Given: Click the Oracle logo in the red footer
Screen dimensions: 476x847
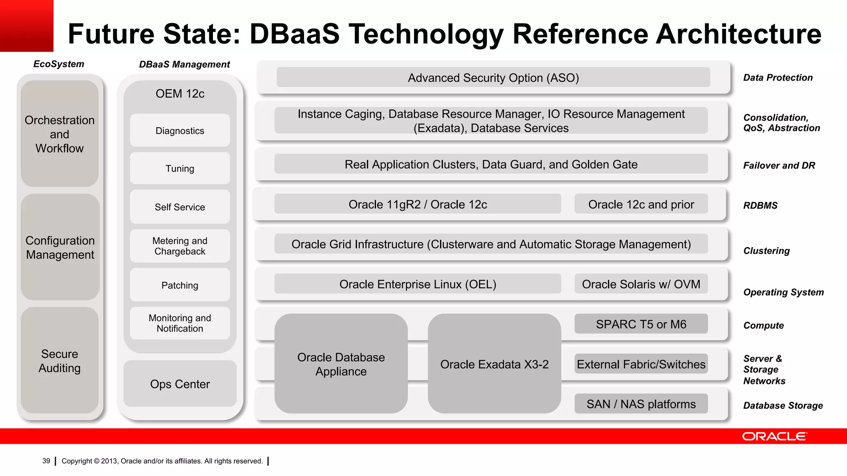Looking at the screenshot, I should [774, 436].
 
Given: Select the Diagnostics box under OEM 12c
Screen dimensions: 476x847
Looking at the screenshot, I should [180, 131].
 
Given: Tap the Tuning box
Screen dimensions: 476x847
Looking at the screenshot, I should [180, 169].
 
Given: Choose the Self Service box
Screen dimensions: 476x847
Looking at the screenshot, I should [180, 207].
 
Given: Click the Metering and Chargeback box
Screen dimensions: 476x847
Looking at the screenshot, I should [180, 246].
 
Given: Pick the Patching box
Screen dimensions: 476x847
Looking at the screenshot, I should [180, 285].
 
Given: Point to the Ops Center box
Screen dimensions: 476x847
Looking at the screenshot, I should [180, 384].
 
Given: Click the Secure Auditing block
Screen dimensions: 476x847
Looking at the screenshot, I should [60, 361].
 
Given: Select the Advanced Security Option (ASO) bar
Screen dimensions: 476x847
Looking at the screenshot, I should [493, 78].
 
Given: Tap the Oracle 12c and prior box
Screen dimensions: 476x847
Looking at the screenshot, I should [641, 204].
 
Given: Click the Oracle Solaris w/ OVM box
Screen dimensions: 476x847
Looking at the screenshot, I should [641, 284].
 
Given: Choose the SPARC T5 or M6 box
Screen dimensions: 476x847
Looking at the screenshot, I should [641, 324].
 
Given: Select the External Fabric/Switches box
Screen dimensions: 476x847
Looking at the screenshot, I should [641, 364].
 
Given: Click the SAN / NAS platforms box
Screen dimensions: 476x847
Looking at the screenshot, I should [641, 404].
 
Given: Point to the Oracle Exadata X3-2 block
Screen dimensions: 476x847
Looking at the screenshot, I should [494, 364].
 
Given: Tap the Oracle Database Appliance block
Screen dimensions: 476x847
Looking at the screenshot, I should [341, 364].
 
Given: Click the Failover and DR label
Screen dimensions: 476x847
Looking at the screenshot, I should [779, 166].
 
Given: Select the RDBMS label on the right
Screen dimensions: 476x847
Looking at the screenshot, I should [760, 205].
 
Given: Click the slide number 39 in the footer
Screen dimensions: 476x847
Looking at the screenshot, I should [46, 461].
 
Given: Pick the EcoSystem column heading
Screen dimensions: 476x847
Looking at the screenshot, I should [59, 64].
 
